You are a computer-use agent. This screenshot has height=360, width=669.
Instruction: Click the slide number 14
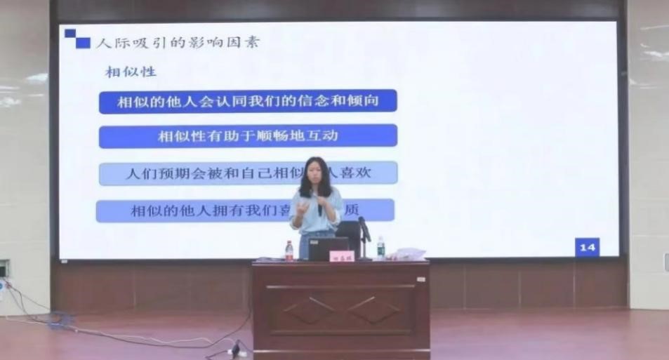tap(587, 248)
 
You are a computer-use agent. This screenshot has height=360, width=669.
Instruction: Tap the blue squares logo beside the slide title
tap(78, 39)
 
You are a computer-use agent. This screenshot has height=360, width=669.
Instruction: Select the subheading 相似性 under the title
tap(131, 72)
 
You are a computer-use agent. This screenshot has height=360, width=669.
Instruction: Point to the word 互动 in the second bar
tap(324, 135)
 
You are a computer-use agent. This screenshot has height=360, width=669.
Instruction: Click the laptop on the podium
tap(329, 248)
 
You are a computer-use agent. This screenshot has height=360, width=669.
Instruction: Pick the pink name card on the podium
tap(342, 256)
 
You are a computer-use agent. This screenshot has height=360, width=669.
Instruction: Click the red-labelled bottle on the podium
tap(289, 251)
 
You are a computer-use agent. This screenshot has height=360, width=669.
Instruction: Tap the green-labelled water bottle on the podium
tap(380, 248)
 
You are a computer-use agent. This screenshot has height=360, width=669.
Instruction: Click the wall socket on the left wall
tap(4, 268)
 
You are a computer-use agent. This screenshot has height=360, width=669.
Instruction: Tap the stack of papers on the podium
tap(409, 254)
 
